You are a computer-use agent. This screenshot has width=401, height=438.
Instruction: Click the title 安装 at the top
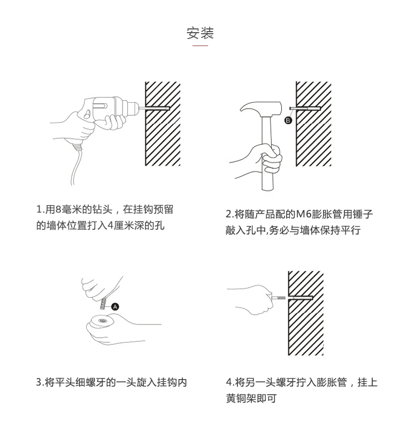point(200,33)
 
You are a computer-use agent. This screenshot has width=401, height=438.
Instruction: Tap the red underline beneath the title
point(200,46)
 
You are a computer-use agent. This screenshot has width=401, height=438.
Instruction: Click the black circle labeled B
point(288,120)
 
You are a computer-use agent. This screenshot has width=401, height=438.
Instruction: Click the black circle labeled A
point(115,307)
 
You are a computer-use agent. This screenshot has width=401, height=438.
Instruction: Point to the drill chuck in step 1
point(133,107)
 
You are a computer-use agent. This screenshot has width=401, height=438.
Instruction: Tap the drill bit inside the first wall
point(155,108)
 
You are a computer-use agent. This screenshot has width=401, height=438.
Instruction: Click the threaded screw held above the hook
point(103,304)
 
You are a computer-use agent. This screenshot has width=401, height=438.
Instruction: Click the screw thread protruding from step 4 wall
point(279,298)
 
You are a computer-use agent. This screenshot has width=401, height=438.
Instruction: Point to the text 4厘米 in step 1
point(121,225)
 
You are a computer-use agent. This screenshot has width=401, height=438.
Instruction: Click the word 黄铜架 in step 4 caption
point(241,398)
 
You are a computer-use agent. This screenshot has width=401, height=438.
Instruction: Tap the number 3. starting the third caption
point(40,382)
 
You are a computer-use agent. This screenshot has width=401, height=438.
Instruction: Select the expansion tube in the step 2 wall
point(305,108)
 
